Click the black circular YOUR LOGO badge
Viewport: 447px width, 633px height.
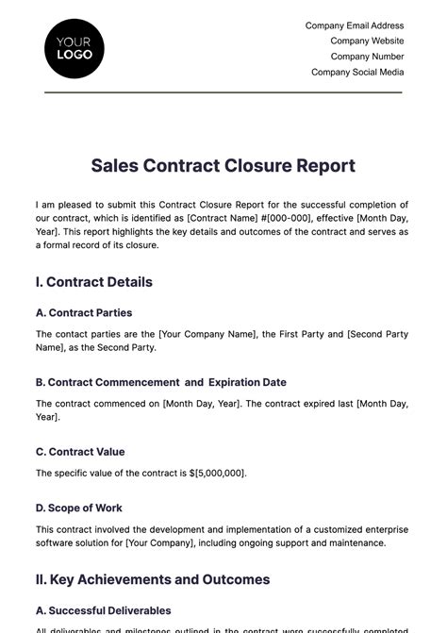click(x=74, y=47)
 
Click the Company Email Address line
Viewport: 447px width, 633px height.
click(x=355, y=25)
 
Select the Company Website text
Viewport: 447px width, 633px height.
click(x=367, y=41)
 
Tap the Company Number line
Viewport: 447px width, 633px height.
click(x=368, y=56)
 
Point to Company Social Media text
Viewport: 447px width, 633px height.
click(x=357, y=72)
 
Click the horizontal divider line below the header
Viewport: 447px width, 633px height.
click(x=223, y=92)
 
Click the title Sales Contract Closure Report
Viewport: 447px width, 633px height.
click(x=223, y=166)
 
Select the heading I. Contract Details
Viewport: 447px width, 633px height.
click(x=93, y=282)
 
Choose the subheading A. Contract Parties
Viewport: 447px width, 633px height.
click(x=84, y=312)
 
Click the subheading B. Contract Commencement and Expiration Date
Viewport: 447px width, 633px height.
click(x=161, y=382)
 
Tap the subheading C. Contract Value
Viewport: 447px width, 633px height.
click(x=80, y=452)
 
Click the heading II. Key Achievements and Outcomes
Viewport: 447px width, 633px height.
click(x=153, y=579)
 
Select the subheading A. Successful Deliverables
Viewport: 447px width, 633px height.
click(x=104, y=610)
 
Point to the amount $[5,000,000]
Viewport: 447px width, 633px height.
click(x=219, y=473)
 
